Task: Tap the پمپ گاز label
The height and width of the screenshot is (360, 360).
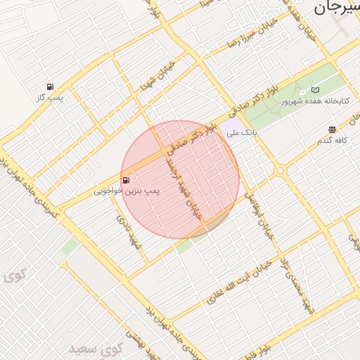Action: point(51,97)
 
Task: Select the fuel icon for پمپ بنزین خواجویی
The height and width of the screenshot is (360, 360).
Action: point(126,181)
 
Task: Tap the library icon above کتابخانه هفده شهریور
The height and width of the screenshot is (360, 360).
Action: point(314,91)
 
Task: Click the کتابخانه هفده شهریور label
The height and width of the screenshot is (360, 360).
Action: point(315,101)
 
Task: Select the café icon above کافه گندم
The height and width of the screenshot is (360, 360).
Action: point(332,129)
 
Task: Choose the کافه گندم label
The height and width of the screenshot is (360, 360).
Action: point(333,141)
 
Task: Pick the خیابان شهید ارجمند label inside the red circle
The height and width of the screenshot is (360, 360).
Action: point(182,186)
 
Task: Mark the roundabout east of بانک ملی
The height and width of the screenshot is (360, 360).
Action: point(281,170)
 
